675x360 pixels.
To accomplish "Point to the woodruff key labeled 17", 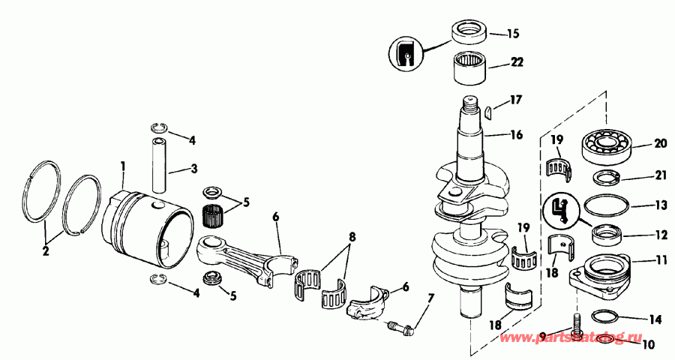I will click(486, 112).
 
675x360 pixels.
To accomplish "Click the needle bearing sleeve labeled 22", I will click(469, 68).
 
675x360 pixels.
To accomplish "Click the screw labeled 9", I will click(577, 328).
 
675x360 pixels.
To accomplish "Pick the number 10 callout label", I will click(649, 346).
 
